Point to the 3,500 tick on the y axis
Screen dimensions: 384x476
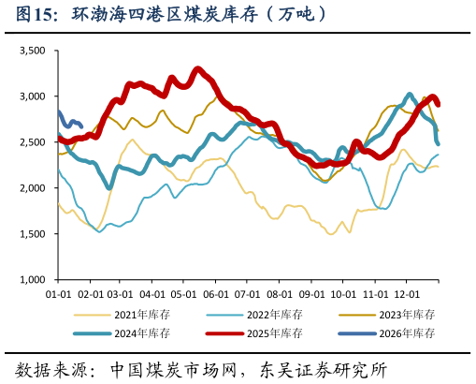click(33, 51)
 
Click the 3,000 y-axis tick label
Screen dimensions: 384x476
click(33, 96)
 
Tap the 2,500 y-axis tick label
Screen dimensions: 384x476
click(33, 142)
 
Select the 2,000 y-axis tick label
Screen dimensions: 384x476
click(33, 188)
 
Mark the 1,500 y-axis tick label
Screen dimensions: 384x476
click(33, 234)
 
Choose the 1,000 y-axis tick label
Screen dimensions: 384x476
click(33, 280)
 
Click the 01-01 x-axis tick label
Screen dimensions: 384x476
click(59, 293)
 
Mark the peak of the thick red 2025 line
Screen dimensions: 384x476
click(197, 68)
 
